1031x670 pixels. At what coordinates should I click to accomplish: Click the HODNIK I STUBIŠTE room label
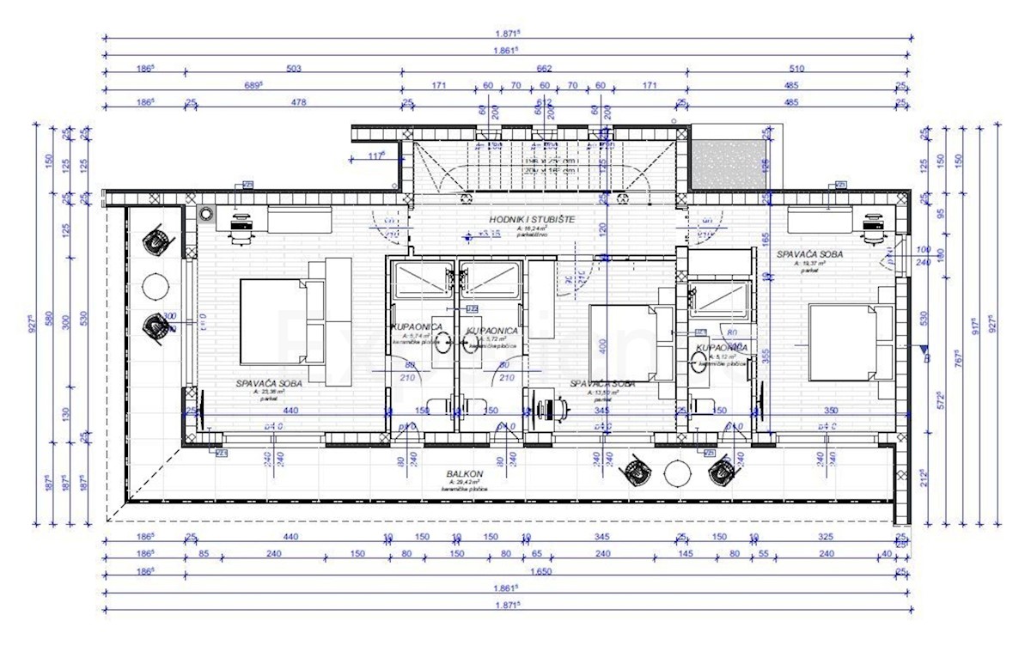[533, 220]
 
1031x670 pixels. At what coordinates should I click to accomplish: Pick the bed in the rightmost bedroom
[846, 342]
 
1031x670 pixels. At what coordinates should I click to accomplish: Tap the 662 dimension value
[543, 70]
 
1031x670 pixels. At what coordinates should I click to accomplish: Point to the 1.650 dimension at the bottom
[541, 571]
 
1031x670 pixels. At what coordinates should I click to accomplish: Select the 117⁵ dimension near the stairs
[375, 155]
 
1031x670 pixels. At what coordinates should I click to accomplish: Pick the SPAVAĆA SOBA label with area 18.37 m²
[808, 254]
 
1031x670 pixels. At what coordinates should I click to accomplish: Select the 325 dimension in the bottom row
[825, 537]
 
